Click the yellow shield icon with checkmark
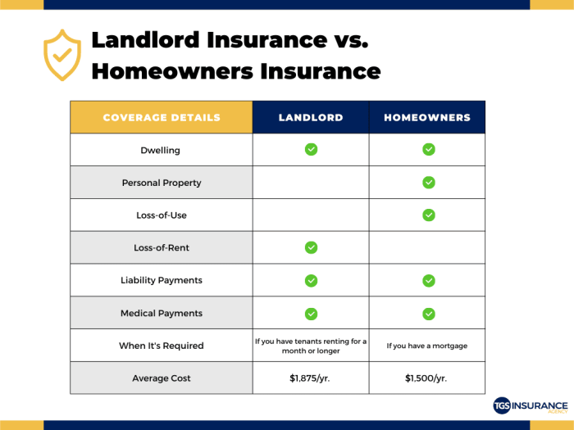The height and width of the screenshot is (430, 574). point(62,55)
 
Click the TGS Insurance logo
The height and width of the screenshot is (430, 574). point(530,406)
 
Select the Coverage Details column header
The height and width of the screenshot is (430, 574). point(162,117)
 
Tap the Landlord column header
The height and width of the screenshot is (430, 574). point(311,117)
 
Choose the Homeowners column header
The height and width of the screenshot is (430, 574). point(427,117)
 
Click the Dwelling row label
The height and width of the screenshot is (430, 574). point(162,150)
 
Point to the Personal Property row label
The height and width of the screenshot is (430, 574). point(162,183)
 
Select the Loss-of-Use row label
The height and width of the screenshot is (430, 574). point(162,215)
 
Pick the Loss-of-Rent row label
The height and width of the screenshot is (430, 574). point(162,247)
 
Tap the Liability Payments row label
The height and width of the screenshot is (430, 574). point(162,280)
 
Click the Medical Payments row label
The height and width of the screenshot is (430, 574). point(162,313)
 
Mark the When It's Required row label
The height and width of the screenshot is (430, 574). point(162,346)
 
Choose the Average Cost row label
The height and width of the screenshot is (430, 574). point(162,378)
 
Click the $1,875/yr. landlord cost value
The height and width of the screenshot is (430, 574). point(311,378)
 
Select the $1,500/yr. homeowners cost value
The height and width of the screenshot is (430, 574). point(427,378)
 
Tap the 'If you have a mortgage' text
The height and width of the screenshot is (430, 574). point(427,346)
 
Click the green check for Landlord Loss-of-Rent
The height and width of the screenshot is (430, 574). point(311,247)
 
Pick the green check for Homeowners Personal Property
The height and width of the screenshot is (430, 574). point(428,182)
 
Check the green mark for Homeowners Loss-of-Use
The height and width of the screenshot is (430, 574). point(428,215)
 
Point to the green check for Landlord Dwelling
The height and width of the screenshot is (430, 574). point(311,149)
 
